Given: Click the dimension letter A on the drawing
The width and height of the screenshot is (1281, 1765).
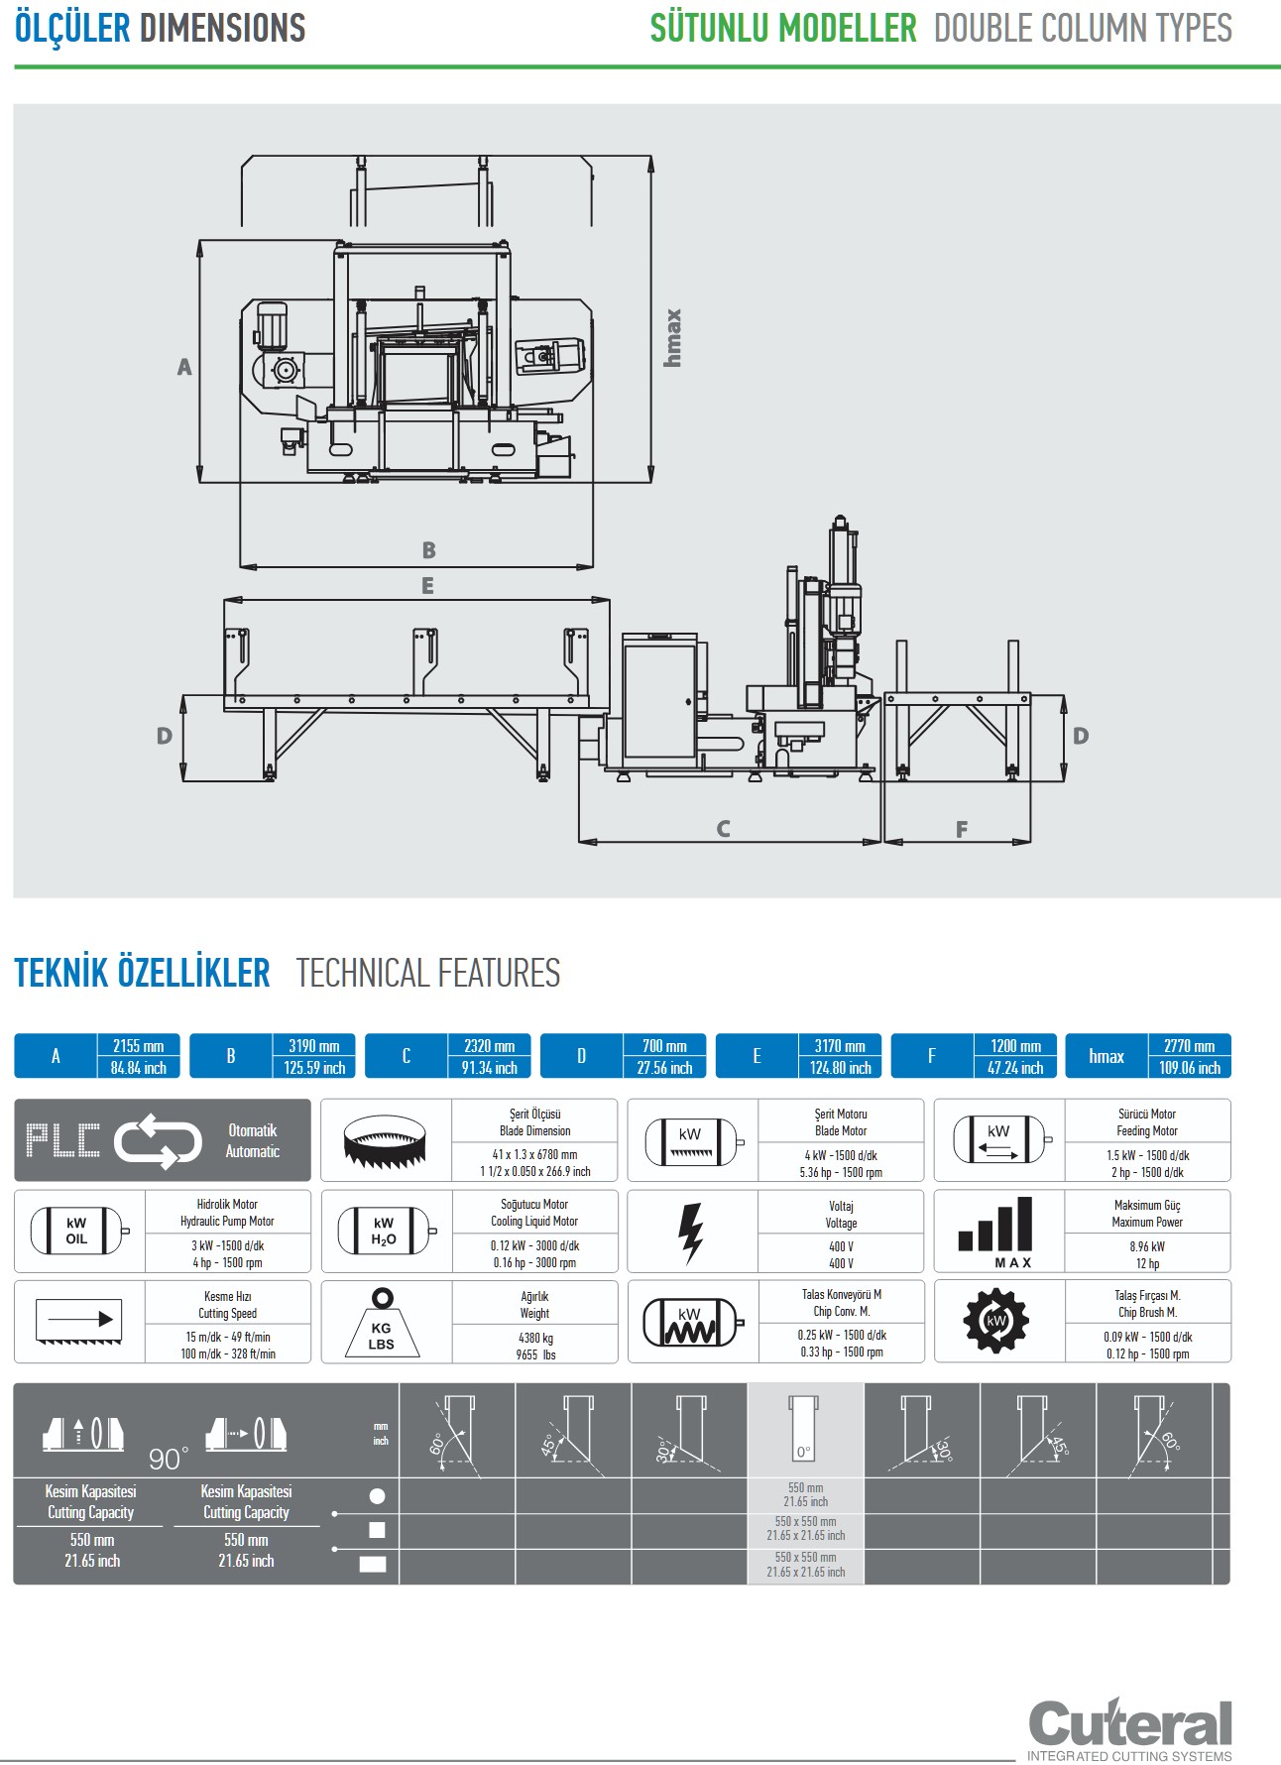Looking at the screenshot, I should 184,367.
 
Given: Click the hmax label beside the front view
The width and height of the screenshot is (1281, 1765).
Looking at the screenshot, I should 673,337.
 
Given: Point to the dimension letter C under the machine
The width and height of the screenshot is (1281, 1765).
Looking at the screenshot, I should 723,829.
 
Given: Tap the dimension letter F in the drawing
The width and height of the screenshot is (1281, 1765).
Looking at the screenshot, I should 961,829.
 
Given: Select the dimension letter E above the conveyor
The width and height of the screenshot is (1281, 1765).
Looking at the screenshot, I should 427,586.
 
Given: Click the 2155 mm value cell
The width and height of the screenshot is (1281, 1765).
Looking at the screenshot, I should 139,1046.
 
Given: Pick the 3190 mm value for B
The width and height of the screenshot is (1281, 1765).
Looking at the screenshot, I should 314,1046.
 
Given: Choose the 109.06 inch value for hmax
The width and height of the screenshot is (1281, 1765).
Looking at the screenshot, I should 1190,1068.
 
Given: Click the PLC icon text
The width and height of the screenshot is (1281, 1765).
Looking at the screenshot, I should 62,1140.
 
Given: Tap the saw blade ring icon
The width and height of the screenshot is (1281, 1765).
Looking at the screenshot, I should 385,1141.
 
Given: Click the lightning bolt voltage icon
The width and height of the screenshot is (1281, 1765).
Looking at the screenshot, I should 691,1233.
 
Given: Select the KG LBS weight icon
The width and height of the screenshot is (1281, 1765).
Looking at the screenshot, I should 382,1324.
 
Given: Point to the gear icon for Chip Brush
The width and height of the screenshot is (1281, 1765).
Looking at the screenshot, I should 996,1322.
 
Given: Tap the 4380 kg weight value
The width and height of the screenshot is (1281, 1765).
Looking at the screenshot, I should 535,1338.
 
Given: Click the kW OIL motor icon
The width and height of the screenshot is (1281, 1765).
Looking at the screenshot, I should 77,1232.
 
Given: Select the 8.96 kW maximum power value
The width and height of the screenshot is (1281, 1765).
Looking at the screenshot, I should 1147,1246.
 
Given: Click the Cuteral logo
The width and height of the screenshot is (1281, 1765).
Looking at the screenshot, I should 1130,1725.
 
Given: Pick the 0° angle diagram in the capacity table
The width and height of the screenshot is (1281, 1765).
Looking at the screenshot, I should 804,1428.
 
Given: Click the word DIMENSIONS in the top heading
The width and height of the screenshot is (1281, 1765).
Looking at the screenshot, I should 223,28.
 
